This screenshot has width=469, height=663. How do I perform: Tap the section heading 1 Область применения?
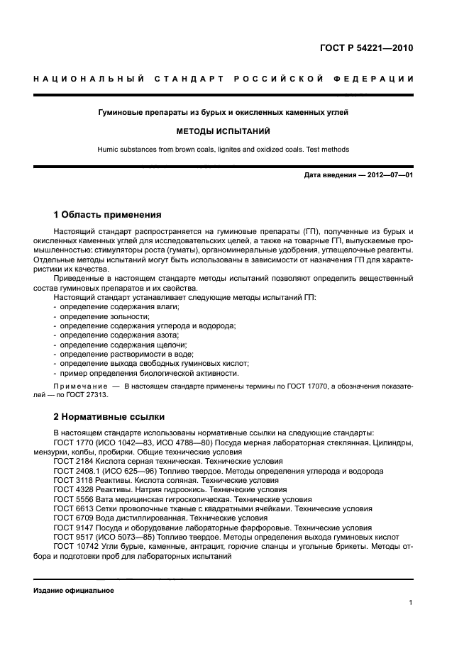pos(108,213)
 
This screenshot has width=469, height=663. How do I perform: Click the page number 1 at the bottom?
pos(411,603)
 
